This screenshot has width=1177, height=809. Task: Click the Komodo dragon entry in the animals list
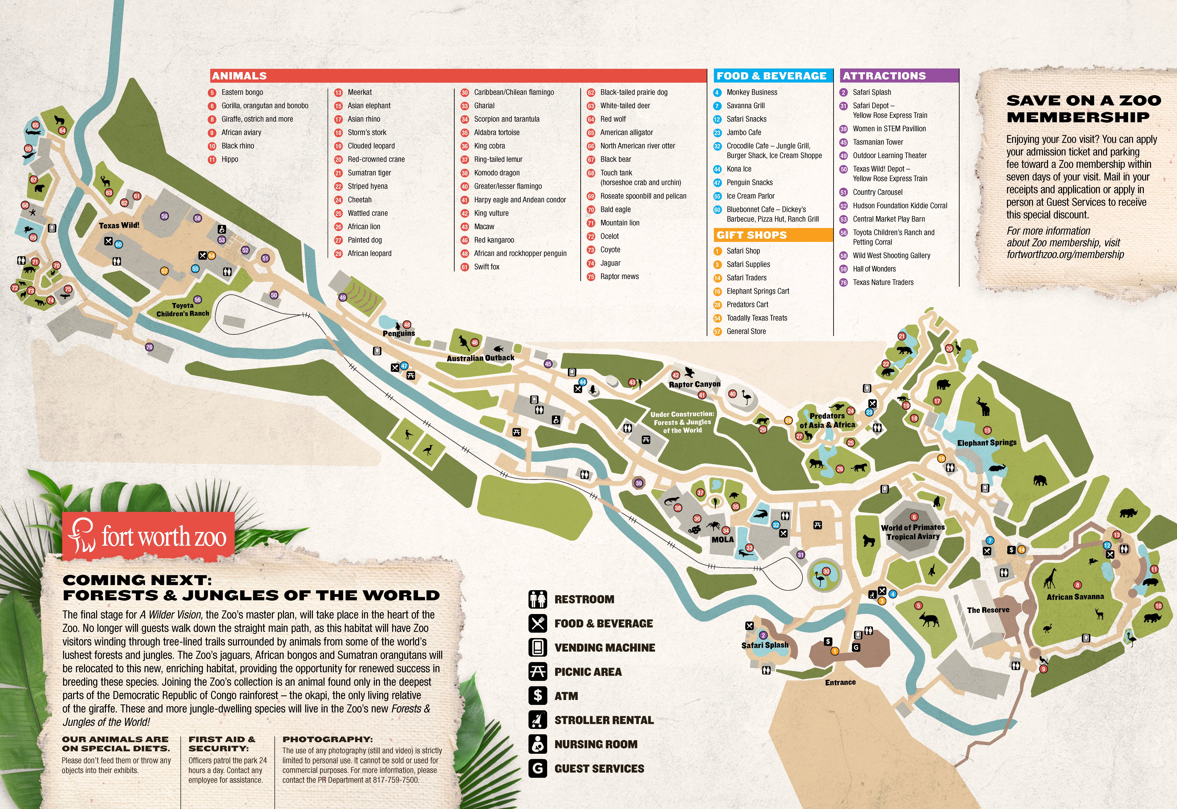497,173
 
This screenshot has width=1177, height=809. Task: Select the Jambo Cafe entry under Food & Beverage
744,132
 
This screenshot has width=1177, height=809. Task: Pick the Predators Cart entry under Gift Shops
747,305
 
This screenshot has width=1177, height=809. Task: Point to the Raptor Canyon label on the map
694,384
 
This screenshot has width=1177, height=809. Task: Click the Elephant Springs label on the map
986,443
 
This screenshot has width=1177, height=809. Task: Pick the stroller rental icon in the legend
538,720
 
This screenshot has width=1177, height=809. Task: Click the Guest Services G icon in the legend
538,768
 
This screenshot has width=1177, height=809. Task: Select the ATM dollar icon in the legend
538,695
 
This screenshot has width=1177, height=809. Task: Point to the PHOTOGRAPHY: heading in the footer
327,740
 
